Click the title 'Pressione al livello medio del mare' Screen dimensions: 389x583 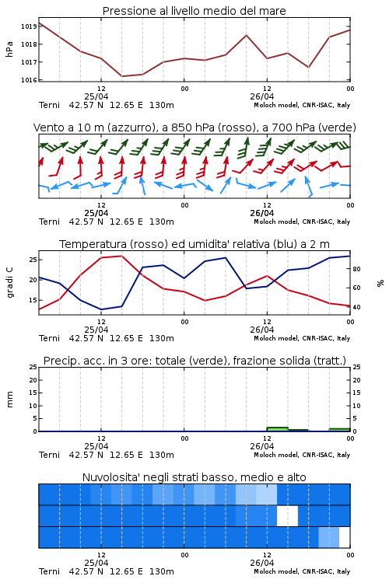pyautogui.click(x=194, y=11)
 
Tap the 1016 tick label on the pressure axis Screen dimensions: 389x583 pyautogui.click(x=28, y=80)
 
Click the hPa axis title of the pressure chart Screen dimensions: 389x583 pyautogui.click(x=9, y=49)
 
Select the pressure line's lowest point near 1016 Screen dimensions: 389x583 pyautogui.click(x=121, y=76)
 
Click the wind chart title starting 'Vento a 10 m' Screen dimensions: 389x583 pyautogui.click(x=194, y=127)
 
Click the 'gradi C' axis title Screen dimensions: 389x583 pyautogui.click(x=9, y=283)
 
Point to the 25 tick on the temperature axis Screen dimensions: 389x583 pyautogui.click(x=33, y=260)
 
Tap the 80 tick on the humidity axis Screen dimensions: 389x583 pyautogui.click(x=356, y=269)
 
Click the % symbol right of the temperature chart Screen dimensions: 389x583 pyautogui.click(x=380, y=283)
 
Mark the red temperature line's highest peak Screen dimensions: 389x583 pyautogui.click(x=121, y=256)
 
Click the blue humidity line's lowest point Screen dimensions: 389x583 pyautogui.click(x=101, y=309)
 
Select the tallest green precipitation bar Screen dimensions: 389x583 pyautogui.click(x=277, y=429)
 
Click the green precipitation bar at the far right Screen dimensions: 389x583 pyautogui.click(x=339, y=430)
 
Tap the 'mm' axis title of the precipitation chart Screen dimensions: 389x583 pyautogui.click(x=9, y=400)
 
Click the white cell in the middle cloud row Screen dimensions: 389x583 pyautogui.click(x=287, y=515)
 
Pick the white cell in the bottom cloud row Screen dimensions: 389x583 pyautogui.click(x=345, y=537)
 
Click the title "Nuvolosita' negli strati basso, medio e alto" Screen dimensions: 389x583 pyautogui.click(x=194, y=477)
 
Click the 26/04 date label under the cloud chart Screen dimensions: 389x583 pyautogui.click(x=262, y=563)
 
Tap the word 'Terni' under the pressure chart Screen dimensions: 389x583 pyautogui.click(x=49, y=105)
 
